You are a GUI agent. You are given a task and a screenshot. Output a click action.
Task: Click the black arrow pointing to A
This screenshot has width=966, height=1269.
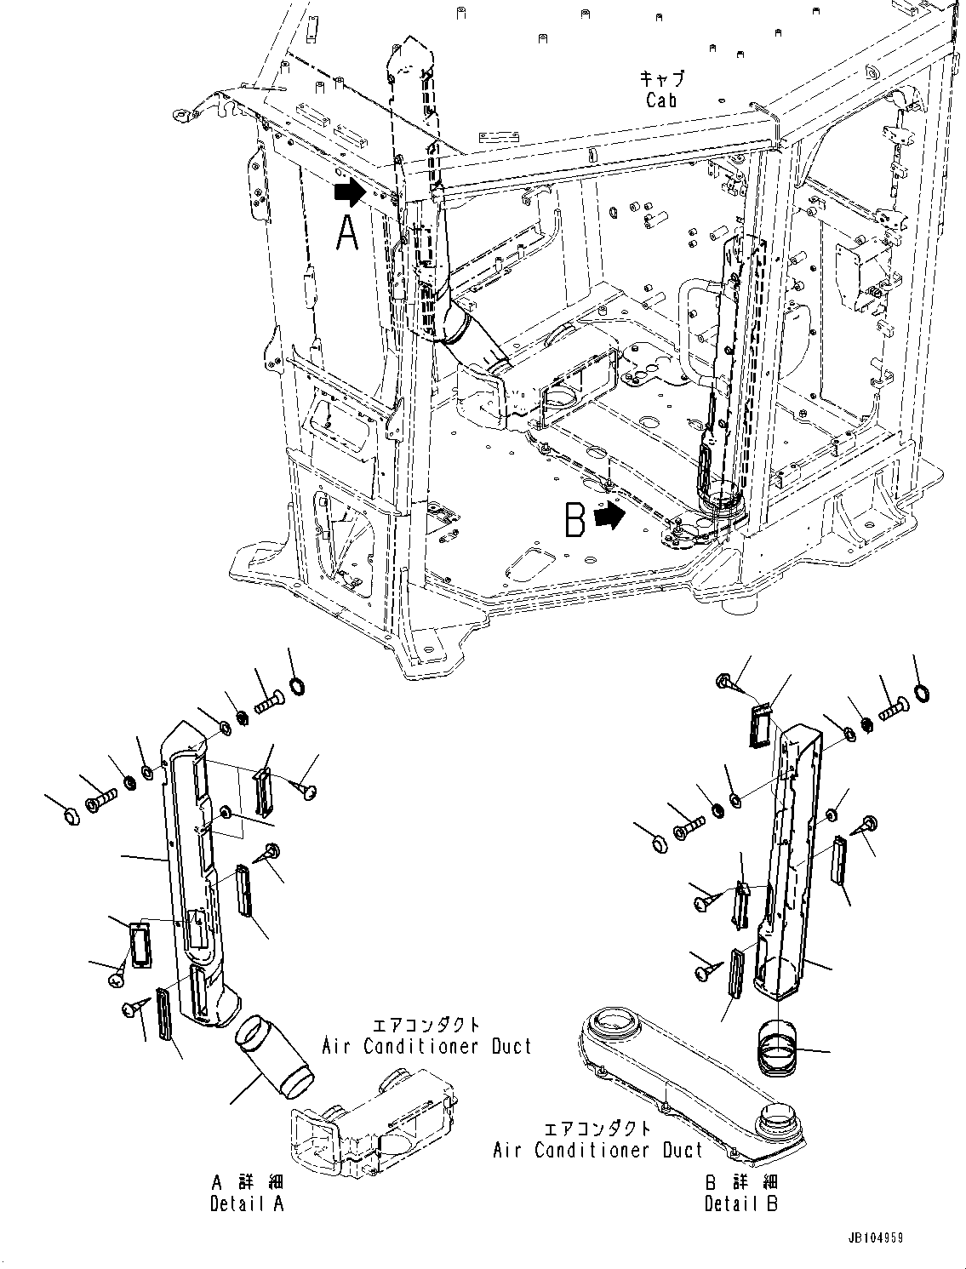(x=348, y=193)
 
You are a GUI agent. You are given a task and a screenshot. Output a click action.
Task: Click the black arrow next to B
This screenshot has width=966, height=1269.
(x=609, y=516)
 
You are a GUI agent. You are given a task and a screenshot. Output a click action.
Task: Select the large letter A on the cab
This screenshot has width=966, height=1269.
(x=347, y=233)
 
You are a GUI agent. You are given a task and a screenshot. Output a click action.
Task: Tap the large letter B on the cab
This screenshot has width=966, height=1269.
(x=576, y=520)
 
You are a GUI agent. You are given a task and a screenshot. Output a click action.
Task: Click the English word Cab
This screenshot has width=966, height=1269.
(x=661, y=100)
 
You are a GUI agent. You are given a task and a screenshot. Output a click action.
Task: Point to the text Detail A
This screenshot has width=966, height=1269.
(x=247, y=1203)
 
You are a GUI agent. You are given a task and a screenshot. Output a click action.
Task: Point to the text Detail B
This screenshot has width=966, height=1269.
(x=740, y=1203)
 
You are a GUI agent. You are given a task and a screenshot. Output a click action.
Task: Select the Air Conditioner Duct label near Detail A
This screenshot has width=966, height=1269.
(x=426, y=1046)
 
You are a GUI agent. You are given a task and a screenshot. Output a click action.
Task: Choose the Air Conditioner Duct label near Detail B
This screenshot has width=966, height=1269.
(x=598, y=1150)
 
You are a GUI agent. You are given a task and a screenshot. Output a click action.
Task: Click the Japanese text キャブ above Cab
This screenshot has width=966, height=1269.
(x=661, y=77)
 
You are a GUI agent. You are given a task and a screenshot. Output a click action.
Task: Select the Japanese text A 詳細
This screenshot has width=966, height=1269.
(x=247, y=1182)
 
